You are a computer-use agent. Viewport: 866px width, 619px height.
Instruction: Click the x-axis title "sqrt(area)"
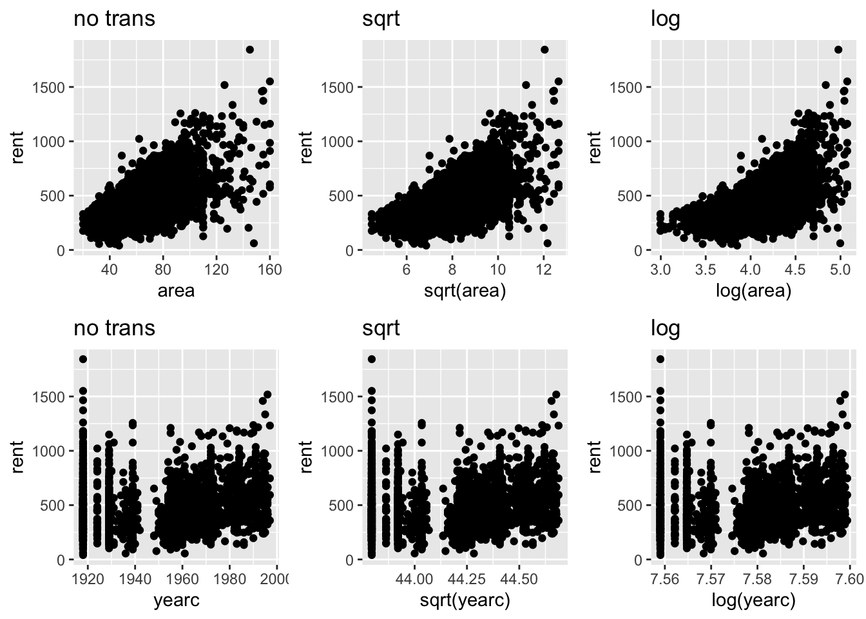point(465,291)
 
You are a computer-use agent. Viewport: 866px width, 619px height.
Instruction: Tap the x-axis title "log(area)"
point(753,291)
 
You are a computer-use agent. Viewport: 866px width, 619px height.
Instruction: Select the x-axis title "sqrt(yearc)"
point(465,601)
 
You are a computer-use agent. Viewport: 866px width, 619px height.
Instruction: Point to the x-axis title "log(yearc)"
point(753,601)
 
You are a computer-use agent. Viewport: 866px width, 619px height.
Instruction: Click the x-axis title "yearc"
point(177,601)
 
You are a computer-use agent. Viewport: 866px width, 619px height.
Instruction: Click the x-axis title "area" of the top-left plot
point(177,291)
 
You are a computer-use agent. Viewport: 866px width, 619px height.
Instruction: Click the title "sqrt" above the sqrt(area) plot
point(381,19)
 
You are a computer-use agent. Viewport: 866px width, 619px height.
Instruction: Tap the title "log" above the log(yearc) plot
point(666,328)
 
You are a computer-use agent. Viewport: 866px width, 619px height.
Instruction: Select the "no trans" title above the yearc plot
point(114,328)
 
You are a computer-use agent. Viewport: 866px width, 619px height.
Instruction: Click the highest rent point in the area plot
point(249,50)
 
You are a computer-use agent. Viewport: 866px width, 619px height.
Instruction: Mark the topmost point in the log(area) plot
point(838,50)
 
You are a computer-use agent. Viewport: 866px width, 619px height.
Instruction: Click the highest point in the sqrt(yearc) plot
point(372,359)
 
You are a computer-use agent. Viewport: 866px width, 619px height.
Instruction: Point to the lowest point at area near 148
point(254,243)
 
